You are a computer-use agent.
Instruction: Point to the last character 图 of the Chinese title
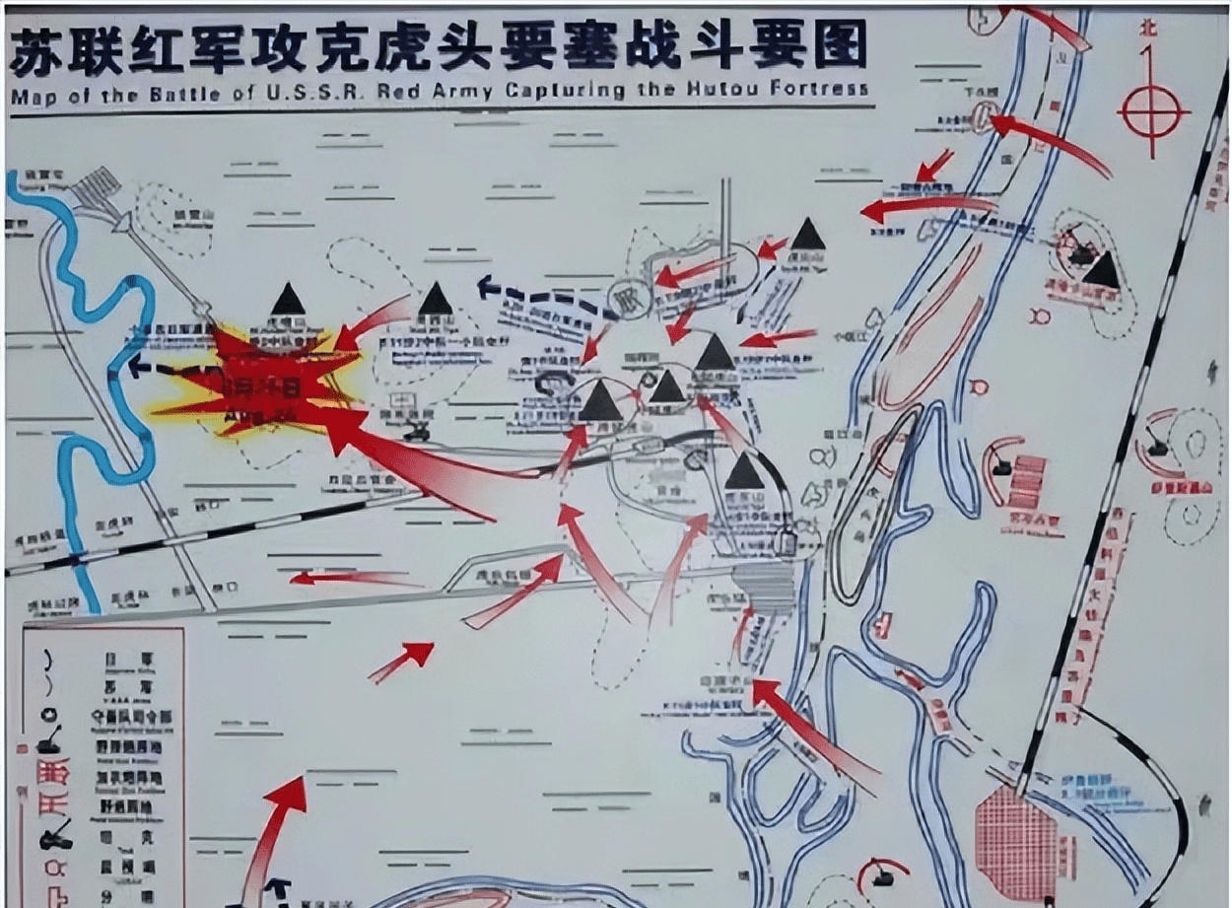pyautogui.click(x=841, y=43)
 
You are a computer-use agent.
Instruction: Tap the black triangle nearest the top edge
pyautogui.click(x=807, y=235)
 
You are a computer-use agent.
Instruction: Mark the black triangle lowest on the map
pyautogui.click(x=744, y=473)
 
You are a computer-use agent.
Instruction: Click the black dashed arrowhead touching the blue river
pyautogui.click(x=139, y=366)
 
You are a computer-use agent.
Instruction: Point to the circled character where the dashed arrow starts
pyautogui.click(x=623, y=296)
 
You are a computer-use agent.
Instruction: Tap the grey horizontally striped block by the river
pyautogui.click(x=768, y=587)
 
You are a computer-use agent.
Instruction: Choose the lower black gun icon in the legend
pyautogui.click(x=53, y=838)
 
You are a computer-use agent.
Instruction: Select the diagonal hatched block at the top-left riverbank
pyautogui.click(x=98, y=186)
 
